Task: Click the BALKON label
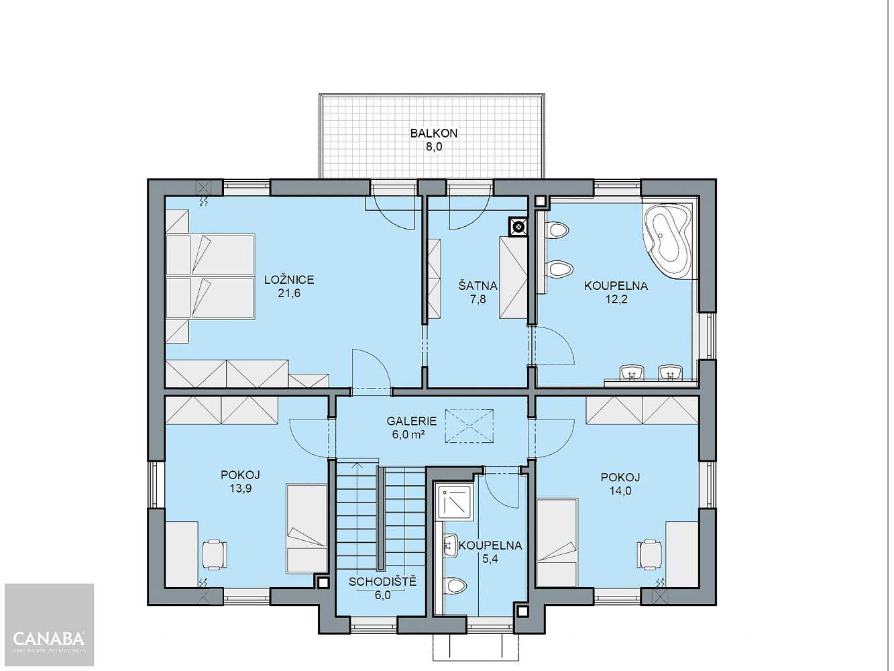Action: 434,134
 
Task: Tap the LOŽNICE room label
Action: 289,280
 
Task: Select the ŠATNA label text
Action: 478,286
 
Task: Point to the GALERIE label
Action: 411,421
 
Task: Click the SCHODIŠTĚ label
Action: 382,581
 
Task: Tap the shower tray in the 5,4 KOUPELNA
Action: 455,503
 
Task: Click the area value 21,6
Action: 289,293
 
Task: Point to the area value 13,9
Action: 240,488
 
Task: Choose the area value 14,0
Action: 620,491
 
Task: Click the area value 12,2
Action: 616,299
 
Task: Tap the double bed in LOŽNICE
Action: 210,277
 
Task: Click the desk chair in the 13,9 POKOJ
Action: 215,554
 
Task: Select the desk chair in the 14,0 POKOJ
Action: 650,554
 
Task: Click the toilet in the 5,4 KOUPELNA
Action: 455,586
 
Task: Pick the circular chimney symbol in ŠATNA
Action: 518,227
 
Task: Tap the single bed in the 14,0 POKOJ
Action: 557,542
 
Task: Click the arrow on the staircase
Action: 357,517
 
